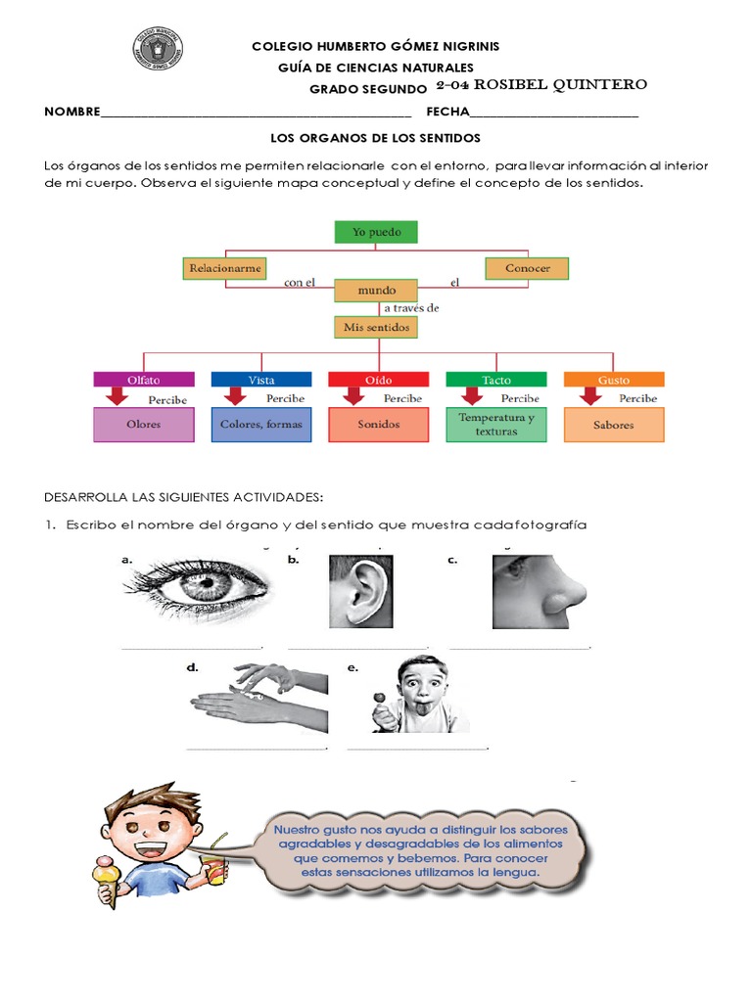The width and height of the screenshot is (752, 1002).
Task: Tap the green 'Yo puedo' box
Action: tap(376, 232)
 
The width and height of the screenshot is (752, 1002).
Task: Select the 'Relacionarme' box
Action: tap(225, 267)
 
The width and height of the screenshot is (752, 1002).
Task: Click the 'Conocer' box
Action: tap(527, 267)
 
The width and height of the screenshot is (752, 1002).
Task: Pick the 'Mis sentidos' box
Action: tap(376, 327)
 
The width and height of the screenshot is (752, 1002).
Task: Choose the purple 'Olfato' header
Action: tap(143, 379)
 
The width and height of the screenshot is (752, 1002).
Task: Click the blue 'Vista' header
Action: tap(260, 379)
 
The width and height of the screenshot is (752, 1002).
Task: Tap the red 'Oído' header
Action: tap(378, 379)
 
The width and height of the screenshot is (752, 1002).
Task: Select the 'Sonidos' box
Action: tap(378, 425)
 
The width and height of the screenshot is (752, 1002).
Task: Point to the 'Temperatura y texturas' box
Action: tap(495, 425)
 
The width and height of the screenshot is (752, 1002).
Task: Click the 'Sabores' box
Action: tap(614, 425)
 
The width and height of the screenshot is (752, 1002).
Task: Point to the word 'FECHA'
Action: tap(446, 113)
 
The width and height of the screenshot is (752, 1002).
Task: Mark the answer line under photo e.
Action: tap(417, 749)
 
